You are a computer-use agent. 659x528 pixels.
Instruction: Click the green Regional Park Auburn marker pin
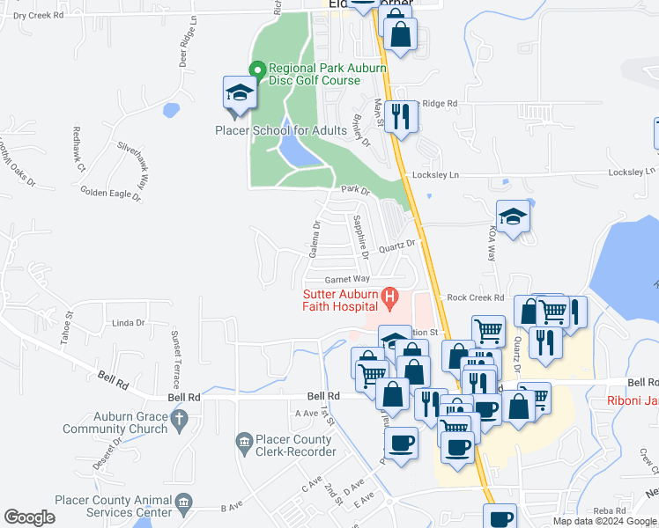pos(257,69)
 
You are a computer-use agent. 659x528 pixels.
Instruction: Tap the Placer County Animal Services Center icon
pos(183,503)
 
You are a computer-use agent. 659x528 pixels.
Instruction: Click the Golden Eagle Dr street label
pos(110,193)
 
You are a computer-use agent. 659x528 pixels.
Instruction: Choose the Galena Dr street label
pos(314,240)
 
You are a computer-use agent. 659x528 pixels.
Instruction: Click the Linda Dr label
pos(128,323)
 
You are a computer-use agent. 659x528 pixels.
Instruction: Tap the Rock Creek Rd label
pos(474,298)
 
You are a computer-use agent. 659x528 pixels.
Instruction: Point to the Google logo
pos(29,517)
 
